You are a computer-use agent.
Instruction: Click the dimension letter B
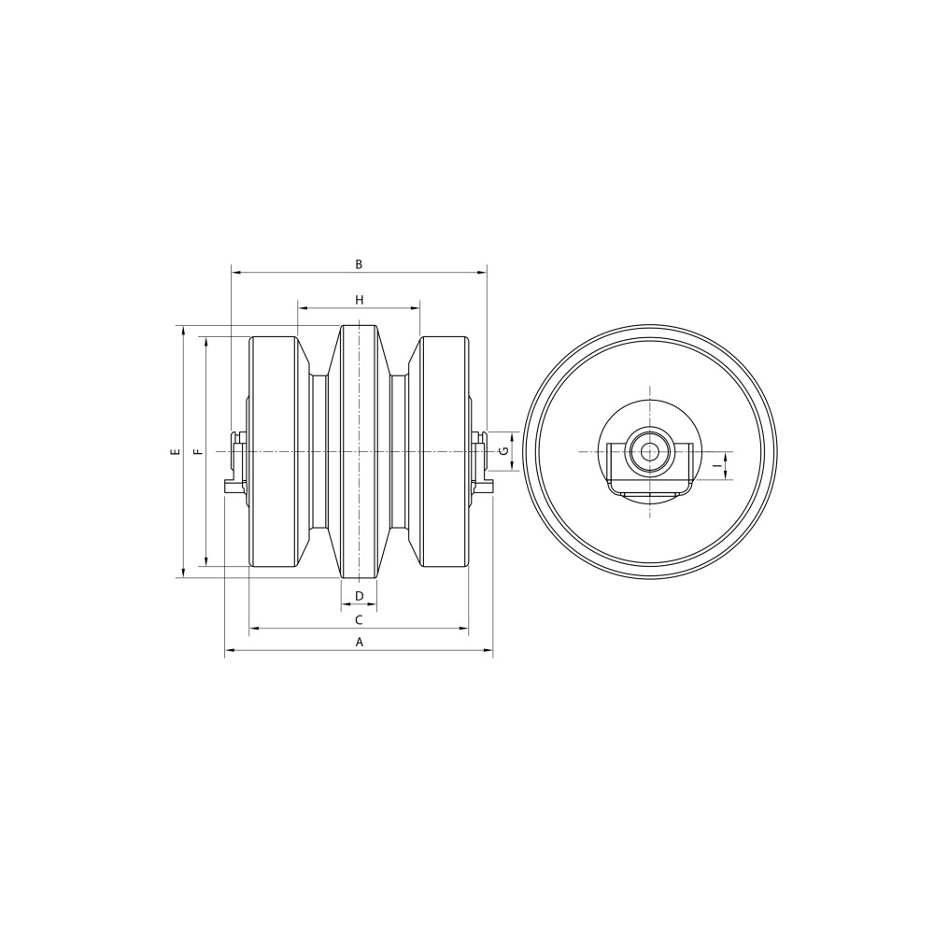(359, 264)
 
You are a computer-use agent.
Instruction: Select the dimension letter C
(359, 619)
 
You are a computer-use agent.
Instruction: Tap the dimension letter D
(359, 596)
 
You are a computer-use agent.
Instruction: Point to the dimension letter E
(175, 452)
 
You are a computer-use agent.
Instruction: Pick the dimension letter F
(197, 452)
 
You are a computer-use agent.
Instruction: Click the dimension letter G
(503, 452)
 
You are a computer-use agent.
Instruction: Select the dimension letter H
(359, 300)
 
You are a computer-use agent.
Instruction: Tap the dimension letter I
(715, 464)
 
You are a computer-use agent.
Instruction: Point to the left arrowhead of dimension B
(234, 273)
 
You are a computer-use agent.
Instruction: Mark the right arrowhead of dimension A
(489, 651)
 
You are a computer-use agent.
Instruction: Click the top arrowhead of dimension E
(184, 330)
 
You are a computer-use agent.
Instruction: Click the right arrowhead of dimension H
(417, 307)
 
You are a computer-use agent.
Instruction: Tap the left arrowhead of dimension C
(253, 629)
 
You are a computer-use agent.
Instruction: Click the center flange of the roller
(359, 452)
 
